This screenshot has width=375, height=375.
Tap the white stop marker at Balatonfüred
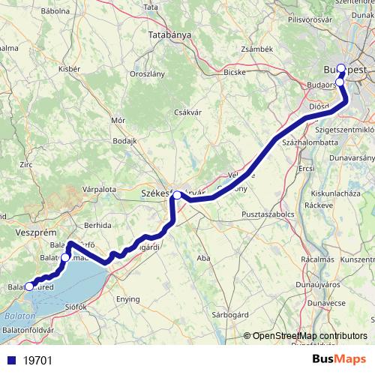pos(29,286)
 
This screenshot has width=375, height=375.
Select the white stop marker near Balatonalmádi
pos(65,257)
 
